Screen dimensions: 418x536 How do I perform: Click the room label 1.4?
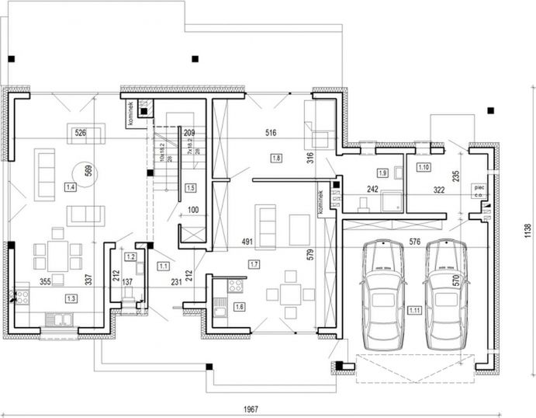click(71, 187)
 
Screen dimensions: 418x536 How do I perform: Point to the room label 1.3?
click(71, 298)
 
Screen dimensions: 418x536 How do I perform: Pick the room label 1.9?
click(382, 172)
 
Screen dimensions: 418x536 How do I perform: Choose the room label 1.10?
click(424, 167)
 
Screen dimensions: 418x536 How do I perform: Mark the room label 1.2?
click(131, 256)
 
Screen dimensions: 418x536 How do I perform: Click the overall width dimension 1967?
click(249, 410)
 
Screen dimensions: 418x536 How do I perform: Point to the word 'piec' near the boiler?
click(480, 187)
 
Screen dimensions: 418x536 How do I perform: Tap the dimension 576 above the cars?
click(414, 242)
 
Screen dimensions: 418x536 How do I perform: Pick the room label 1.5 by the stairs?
click(191, 187)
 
